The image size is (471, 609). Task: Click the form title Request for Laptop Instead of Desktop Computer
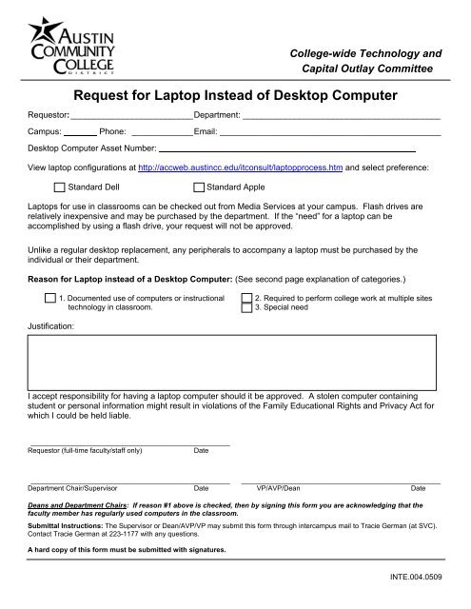[235, 95]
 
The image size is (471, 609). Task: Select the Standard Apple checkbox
[199, 187]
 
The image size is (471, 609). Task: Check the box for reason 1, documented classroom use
[50, 298]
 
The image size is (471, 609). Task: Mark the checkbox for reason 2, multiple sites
[246, 298]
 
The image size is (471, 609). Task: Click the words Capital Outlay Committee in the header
[367, 69]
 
